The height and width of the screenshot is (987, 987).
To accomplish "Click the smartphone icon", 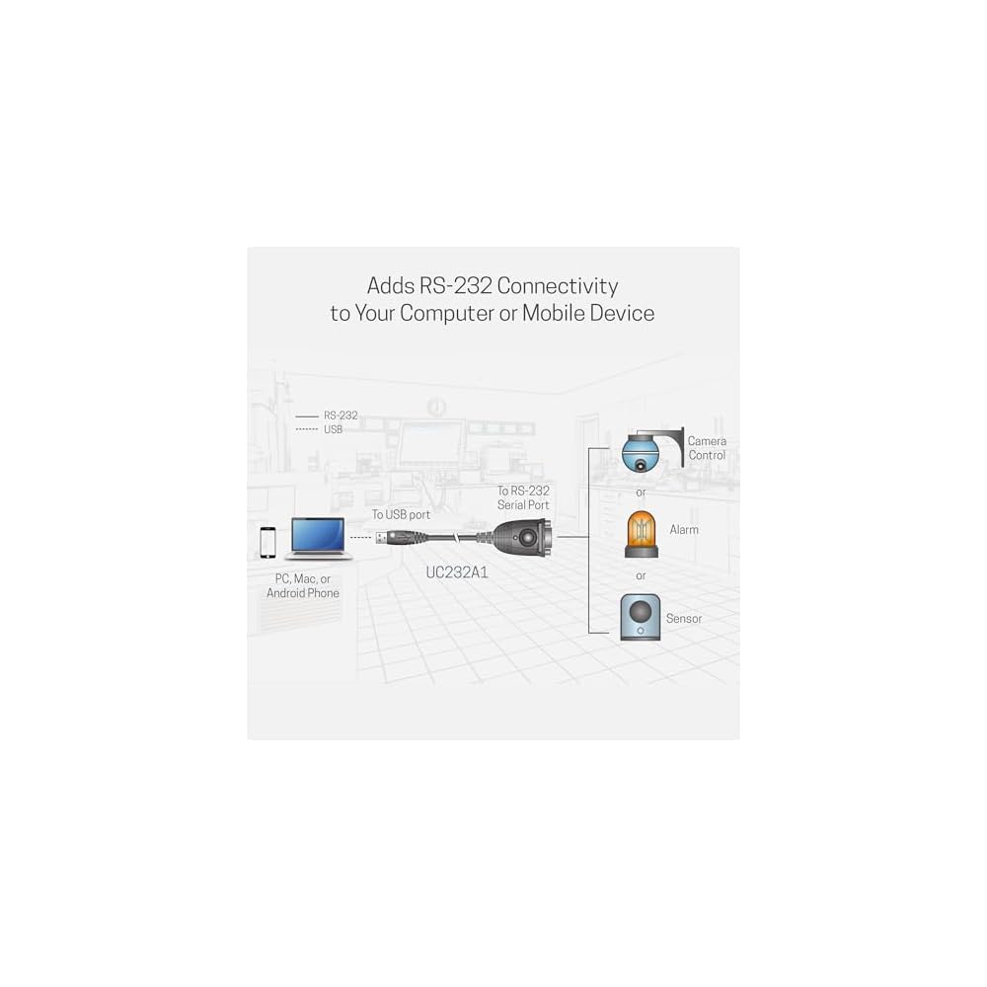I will coord(266,542).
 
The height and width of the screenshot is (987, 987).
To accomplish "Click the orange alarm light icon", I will coord(641,533).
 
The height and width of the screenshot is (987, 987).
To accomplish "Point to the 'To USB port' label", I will coord(401,514).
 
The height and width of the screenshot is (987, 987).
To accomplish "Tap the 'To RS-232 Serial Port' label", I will coord(523,497).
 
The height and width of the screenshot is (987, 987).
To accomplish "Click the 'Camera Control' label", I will coord(707,448).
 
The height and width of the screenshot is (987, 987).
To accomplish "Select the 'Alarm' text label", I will coord(683,530).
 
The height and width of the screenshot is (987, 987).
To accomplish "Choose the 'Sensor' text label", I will coord(684,618).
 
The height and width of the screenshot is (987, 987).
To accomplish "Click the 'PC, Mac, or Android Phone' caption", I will coord(303,585).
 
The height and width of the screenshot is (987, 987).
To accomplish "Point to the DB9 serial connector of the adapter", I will coord(528,537).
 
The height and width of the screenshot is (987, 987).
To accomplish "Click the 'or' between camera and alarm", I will coord(641,492).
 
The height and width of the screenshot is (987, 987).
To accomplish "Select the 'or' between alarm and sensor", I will coord(641,575).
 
